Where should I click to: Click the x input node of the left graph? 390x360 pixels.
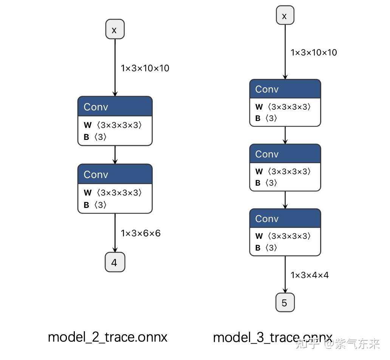tap(115, 29)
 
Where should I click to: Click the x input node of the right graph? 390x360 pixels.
tap(285, 16)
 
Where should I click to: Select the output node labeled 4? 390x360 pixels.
tap(115, 262)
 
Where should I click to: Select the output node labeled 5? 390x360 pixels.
tap(285, 303)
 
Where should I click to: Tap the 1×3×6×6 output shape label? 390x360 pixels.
tap(141, 233)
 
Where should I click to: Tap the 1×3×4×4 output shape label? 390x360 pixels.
tap(310, 275)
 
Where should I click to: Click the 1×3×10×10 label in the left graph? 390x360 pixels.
tap(145, 68)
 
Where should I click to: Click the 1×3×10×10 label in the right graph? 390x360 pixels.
tap(313, 53)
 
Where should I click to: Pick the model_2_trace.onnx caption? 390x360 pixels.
tap(108, 337)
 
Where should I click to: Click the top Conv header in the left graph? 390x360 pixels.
tap(115, 107)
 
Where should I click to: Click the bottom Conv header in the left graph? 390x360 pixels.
tap(115, 174)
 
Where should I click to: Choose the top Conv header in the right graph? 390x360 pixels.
tap(285, 89)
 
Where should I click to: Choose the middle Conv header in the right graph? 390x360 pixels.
tap(285, 154)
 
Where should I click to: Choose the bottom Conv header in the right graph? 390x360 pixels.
tap(285, 219)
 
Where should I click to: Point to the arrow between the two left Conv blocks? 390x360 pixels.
tap(115, 155)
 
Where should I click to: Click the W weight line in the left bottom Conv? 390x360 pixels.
tap(113, 192)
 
